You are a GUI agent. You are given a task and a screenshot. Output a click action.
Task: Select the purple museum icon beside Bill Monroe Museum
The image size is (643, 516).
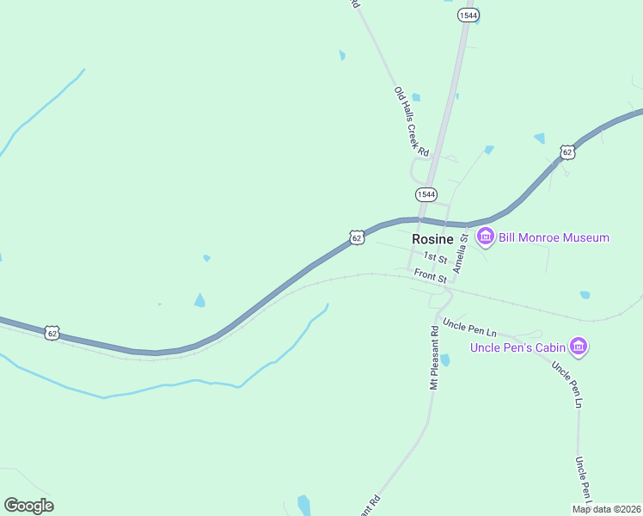click(x=486, y=236)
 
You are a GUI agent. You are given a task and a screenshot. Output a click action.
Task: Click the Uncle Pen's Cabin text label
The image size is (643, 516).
click(x=519, y=347)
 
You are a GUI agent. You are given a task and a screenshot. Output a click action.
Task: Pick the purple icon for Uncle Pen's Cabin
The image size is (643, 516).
click(x=580, y=347)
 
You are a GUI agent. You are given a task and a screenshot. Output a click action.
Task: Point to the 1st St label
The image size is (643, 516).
click(x=435, y=258)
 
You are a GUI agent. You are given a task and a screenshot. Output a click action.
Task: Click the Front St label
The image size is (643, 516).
click(x=431, y=276)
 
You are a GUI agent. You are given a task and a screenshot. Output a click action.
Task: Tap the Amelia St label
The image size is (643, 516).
click(x=461, y=253)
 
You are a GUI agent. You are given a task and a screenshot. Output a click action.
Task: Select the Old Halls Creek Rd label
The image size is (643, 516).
click(x=411, y=120)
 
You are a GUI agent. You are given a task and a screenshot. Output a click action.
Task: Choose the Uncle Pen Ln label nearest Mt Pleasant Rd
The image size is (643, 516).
click(x=470, y=328)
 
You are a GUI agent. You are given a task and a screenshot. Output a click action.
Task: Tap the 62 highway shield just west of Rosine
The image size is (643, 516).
click(x=357, y=237)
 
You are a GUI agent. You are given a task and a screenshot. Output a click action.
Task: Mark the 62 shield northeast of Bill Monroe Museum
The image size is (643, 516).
click(x=566, y=152)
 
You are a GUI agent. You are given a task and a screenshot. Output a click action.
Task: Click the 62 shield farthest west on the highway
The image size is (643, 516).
click(x=53, y=333)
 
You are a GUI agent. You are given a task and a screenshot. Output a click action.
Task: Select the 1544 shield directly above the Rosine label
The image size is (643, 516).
click(x=426, y=194)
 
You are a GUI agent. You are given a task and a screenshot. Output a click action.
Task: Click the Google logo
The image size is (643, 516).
click(x=28, y=506)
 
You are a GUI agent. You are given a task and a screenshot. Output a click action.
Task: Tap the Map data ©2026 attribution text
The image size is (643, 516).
click(x=607, y=509)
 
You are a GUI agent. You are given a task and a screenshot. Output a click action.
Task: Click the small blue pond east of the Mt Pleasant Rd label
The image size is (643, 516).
click(x=444, y=360)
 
